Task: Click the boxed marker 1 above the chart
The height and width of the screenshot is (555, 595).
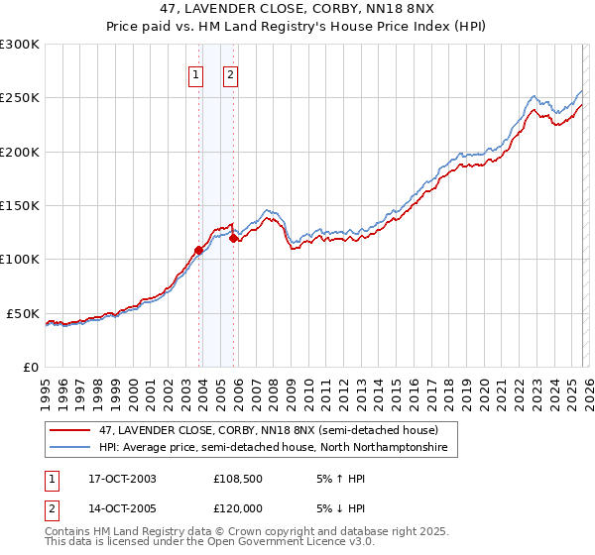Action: coord(195,74)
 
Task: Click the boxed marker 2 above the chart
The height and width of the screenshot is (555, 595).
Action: coord(230,74)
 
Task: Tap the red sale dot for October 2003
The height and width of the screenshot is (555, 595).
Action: coord(198,250)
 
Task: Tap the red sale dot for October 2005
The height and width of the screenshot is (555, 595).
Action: coord(233,238)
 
